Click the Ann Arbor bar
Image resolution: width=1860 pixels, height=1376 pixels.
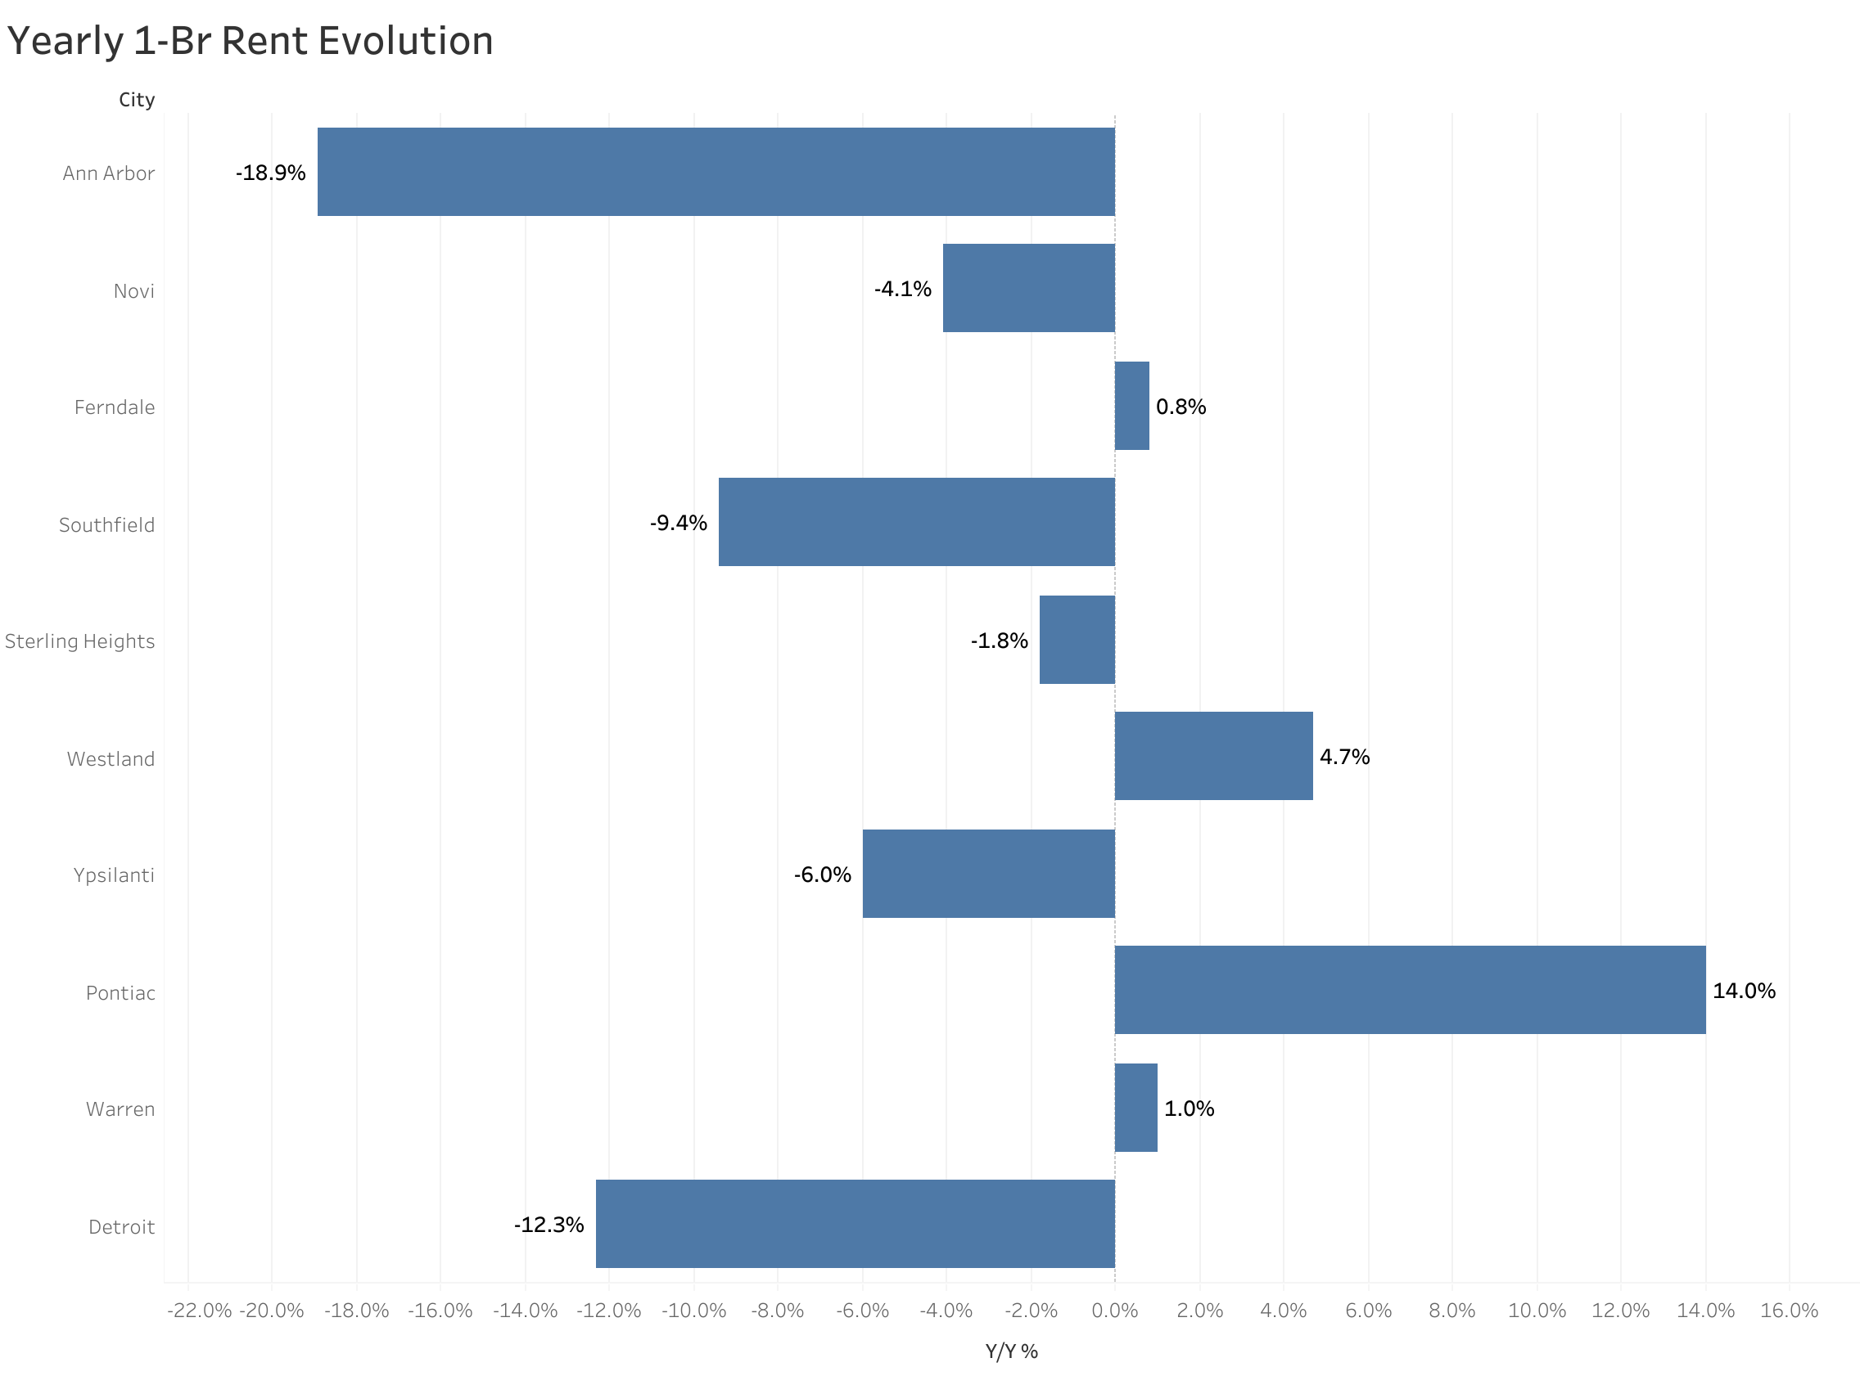point(715,172)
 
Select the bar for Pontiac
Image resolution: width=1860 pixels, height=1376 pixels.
point(1409,990)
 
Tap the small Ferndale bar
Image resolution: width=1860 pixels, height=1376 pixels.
point(1131,406)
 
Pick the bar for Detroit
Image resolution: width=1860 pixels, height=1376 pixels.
point(854,1224)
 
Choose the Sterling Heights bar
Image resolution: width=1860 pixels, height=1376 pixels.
point(1077,640)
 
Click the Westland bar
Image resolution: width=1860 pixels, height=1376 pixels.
point(1212,756)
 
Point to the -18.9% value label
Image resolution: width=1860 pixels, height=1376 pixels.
point(270,173)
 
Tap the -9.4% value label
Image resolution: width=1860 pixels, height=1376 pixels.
point(678,523)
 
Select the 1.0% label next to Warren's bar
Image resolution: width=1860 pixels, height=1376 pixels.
point(1189,1108)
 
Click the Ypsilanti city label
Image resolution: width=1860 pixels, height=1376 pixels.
point(113,875)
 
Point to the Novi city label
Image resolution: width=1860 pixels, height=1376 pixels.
point(133,291)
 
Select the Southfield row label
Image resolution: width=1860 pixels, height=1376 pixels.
point(106,525)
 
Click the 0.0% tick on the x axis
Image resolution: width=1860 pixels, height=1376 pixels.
point(1114,1311)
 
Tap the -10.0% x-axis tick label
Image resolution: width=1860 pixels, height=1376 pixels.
point(693,1311)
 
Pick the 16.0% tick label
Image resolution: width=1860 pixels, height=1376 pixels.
point(1788,1311)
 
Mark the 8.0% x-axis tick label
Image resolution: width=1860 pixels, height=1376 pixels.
point(1451,1311)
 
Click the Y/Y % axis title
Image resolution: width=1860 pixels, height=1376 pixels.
point(1011,1351)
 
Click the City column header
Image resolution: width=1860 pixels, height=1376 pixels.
point(137,100)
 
